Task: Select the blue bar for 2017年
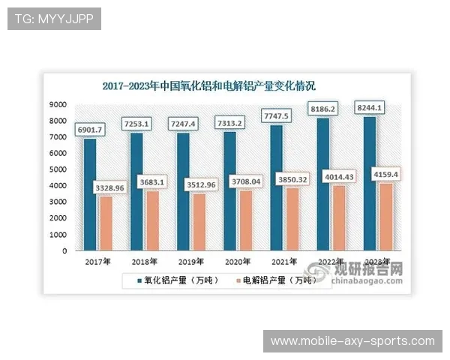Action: tap(90, 195)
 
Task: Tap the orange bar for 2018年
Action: tap(153, 220)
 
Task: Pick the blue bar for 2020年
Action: tap(230, 192)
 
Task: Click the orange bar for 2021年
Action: tap(293, 218)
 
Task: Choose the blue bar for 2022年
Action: tap(324, 184)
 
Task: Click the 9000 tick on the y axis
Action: tap(58, 104)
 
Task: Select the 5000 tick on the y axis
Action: tap(58, 169)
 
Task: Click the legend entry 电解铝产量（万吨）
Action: tap(274, 280)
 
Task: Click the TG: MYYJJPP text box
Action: tap(54, 19)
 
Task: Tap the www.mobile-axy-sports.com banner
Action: tap(352, 340)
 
